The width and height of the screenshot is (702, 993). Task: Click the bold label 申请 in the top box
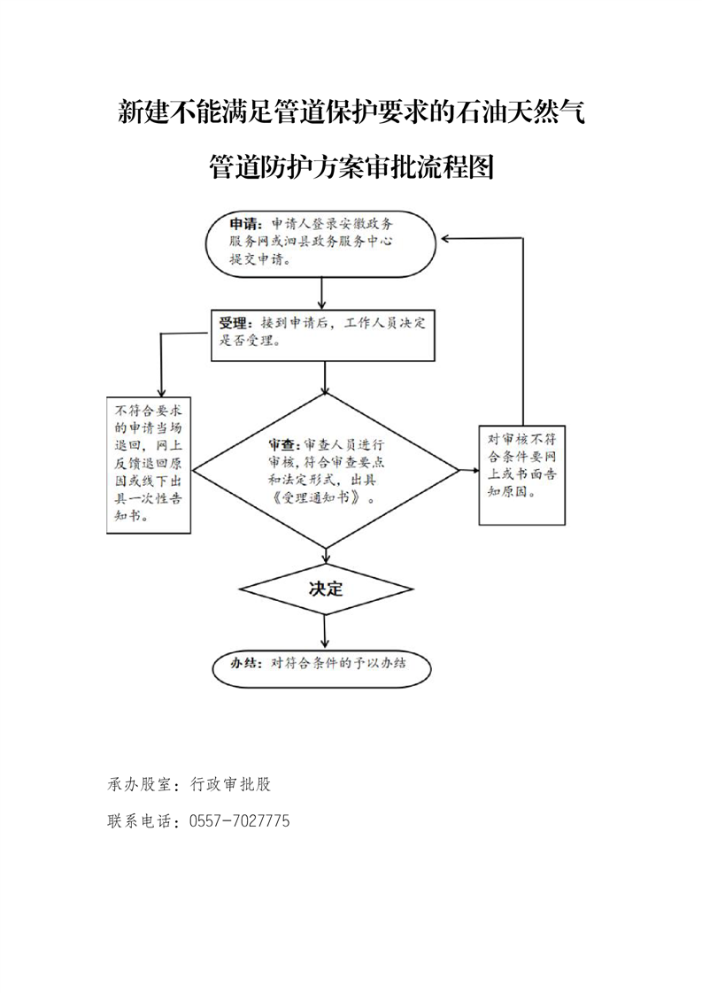244,224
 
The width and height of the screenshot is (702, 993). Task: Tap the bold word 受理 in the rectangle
233,324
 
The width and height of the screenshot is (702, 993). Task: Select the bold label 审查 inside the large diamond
283,444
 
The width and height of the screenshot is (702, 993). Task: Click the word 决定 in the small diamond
326,589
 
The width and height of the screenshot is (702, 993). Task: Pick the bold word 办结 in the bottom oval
244,664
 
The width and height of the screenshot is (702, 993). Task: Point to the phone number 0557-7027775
240,821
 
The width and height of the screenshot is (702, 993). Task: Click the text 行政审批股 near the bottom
231,785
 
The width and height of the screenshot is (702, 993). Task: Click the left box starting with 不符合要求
149,466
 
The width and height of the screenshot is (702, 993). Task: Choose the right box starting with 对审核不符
522,475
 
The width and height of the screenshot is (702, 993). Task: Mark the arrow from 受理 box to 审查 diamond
325,377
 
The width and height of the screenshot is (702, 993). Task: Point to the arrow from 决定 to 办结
325,631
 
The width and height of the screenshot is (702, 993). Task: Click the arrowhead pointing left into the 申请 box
446,238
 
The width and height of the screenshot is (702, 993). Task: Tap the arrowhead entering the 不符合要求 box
162,392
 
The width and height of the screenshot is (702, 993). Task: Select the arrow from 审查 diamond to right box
469,471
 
